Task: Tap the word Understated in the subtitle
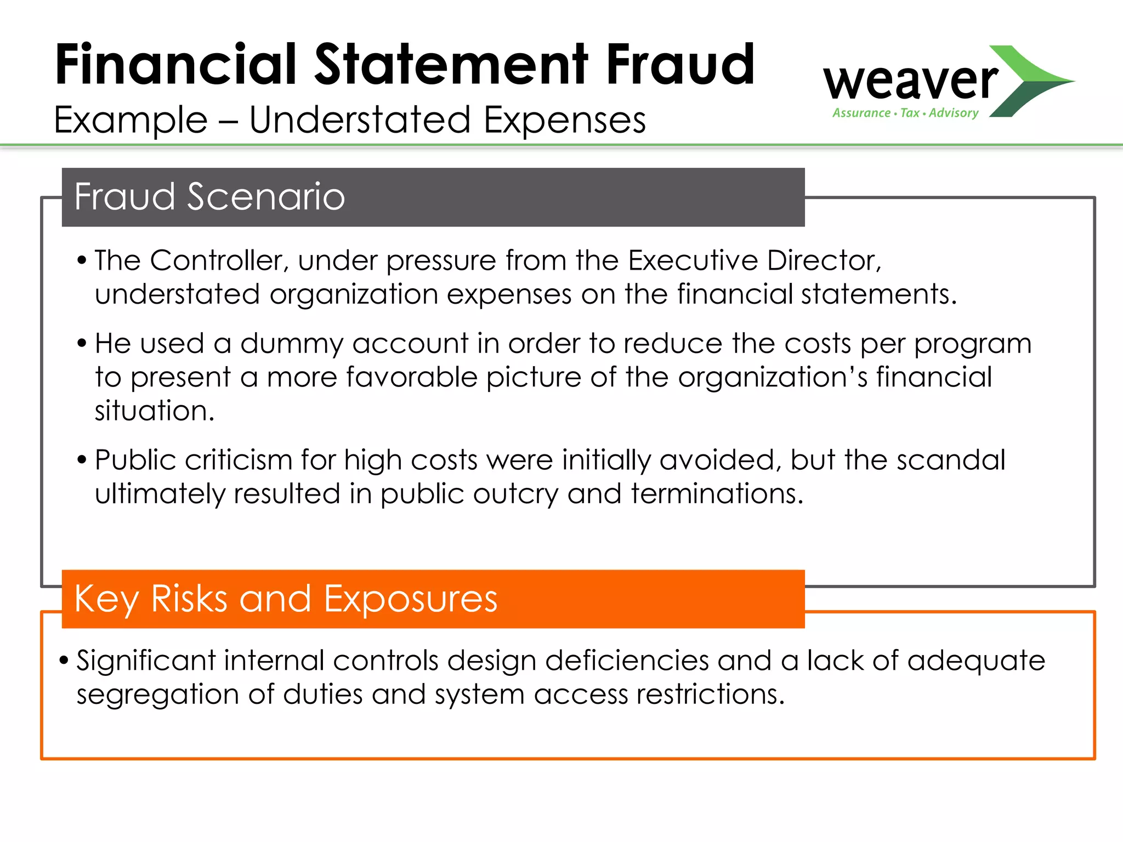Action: [x=360, y=120]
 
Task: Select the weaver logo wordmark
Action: [x=910, y=81]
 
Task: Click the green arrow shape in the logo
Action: [x=1031, y=81]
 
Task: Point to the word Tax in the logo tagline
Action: [x=910, y=113]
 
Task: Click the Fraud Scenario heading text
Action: [x=209, y=197]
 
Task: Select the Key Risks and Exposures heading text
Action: [x=286, y=599]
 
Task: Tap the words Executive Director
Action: [x=754, y=260]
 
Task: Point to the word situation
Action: [x=154, y=411]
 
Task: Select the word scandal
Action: [x=951, y=460]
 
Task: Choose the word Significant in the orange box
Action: [x=146, y=661]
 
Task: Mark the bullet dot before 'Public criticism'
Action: [x=82, y=459]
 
